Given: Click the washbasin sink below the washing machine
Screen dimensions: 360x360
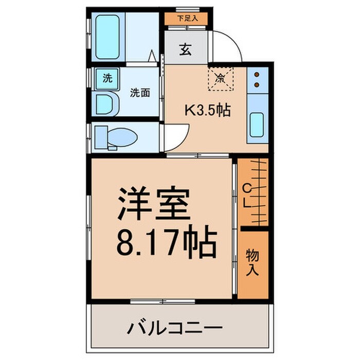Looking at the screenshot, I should [x=107, y=104].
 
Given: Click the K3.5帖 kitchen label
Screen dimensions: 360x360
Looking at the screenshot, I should [x=207, y=110].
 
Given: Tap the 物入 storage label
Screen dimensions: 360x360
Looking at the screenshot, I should [x=252, y=263].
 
